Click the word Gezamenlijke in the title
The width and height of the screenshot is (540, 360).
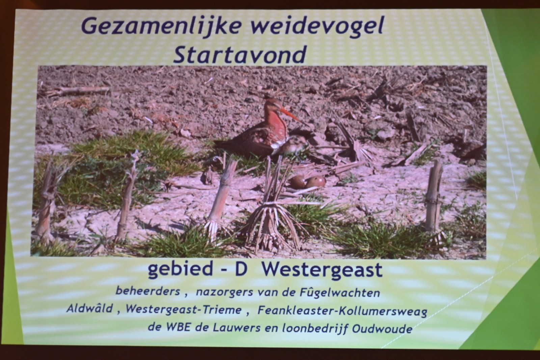click(x=161, y=27)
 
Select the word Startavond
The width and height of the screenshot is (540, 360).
click(x=240, y=55)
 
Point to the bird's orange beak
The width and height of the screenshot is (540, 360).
click(x=289, y=114)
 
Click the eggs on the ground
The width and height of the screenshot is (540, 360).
click(x=307, y=182)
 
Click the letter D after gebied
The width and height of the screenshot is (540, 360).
click(x=241, y=269)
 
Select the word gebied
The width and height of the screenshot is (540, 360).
click(x=180, y=269)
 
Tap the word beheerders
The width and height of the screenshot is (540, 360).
click(x=148, y=291)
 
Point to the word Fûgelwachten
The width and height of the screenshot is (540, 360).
click(x=340, y=293)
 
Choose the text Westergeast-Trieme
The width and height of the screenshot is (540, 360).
click(x=184, y=309)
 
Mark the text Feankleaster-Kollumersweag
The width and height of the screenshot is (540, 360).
click(x=342, y=311)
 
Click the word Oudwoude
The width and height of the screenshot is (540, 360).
click(x=382, y=329)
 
